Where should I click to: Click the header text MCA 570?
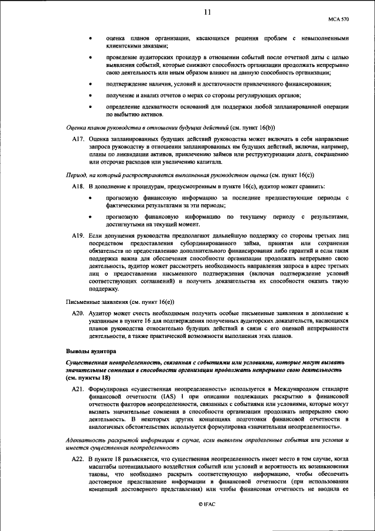(x=338, y=19)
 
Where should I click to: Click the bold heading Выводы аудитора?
(x=91, y=351)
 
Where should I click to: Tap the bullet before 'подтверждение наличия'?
(x=90, y=84)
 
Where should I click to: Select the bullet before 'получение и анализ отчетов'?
(x=90, y=95)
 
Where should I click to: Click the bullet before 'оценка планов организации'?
(x=90, y=38)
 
